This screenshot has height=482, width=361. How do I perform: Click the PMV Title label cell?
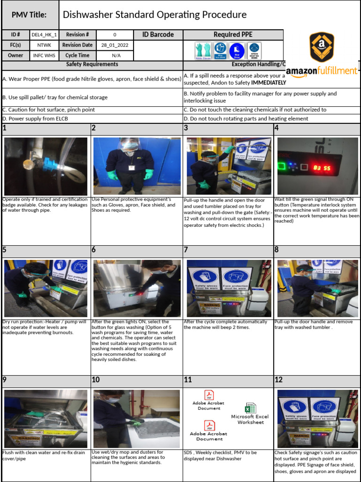click(x=29, y=15)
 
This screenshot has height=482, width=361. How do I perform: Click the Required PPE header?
click(x=233, y=35)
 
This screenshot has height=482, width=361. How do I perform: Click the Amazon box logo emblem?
click(x=322, y=47)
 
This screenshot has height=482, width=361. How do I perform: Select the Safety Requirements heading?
click(x=92, y=64)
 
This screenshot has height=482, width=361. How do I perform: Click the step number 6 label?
click(x=94, y=250)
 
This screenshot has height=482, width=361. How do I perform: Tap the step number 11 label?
click(x=188, y=380)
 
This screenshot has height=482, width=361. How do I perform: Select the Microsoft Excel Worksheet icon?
click(x=250, y=408)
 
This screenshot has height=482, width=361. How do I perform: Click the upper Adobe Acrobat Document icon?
click(x=209, y=395)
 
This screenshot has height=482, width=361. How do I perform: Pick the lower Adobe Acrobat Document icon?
click(x=209, y=426)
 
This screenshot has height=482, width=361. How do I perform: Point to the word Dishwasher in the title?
click(x=87, y=15)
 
